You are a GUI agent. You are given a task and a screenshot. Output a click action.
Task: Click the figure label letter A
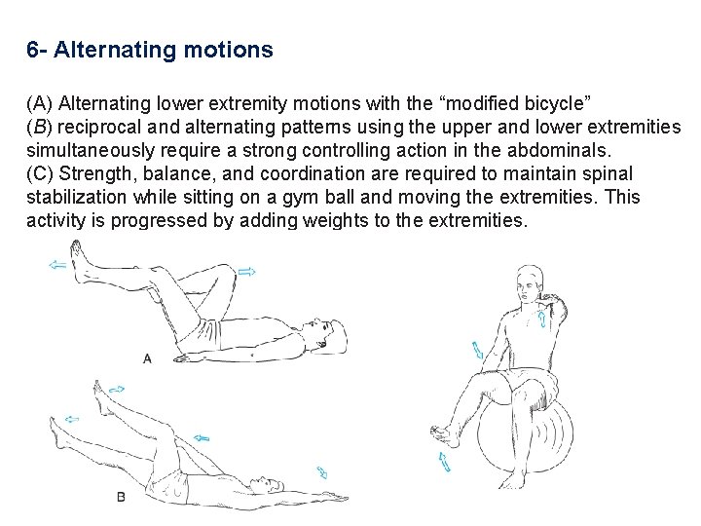[x=147, y=358]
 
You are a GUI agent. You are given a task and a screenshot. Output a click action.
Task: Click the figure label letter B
[x=121, y=497]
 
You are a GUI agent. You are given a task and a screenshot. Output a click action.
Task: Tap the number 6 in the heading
[x=33, y=50]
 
